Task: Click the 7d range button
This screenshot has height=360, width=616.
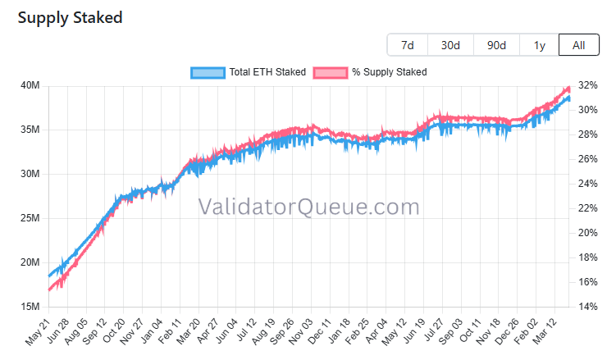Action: (408, 45)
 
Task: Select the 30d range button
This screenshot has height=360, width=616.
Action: (450, 45)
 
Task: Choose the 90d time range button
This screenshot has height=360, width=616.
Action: (496, 45)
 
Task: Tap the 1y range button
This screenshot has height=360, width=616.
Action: (539, 45)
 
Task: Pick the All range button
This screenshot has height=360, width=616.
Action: (579, 45)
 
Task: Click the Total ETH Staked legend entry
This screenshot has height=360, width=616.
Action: (248, 72)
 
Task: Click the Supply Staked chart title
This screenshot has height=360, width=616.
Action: (71, 17)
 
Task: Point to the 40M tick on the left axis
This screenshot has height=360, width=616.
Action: (30, 85)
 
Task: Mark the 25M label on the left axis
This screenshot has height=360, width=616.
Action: (30, 218)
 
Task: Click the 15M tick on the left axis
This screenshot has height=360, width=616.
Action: (30, 307)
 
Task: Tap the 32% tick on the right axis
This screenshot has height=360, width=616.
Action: (587, 85)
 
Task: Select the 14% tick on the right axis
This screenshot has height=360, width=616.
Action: (587, 307)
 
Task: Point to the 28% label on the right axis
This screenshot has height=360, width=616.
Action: (587, 134)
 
